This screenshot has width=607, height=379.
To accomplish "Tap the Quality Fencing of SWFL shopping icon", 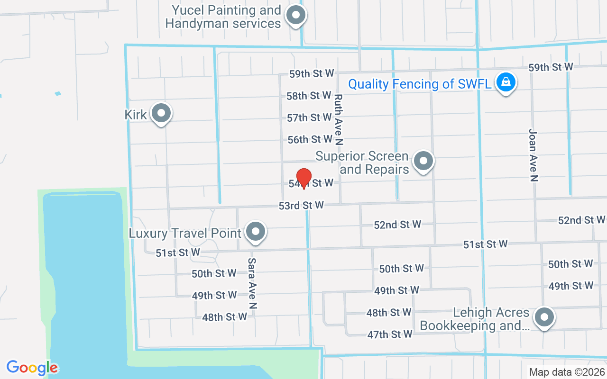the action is click(506, 82).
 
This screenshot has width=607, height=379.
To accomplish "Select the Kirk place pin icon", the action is click(161, 113).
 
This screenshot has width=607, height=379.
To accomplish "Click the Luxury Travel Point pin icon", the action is click(256, 232).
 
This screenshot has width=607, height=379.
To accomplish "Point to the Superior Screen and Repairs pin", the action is click(423, 161).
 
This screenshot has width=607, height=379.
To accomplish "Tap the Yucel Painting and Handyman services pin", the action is click(296, 15).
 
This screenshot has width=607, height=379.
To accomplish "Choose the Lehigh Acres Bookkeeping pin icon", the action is click(544, 317).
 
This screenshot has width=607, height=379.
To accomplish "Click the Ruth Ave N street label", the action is click(338, 118).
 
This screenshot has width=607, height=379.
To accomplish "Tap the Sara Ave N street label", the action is click(252, 283).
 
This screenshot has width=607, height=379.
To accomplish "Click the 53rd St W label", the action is click(301, 205).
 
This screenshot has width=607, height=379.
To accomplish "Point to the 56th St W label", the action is click(310, 139).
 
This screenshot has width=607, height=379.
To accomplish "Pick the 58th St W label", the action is click(309, 96).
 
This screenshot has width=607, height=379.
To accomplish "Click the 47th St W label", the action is click(390, 334).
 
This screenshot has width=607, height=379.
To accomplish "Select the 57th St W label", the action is click(309, 117).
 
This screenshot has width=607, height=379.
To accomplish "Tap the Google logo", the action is click(32, 368).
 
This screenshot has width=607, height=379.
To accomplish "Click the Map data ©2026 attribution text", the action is click(566, 372).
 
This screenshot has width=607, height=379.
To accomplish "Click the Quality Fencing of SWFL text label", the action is click(420, 84).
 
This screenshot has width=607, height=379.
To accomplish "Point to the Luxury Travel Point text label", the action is click(185, 233).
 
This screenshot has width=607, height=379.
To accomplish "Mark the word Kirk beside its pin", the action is click(136, 115).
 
